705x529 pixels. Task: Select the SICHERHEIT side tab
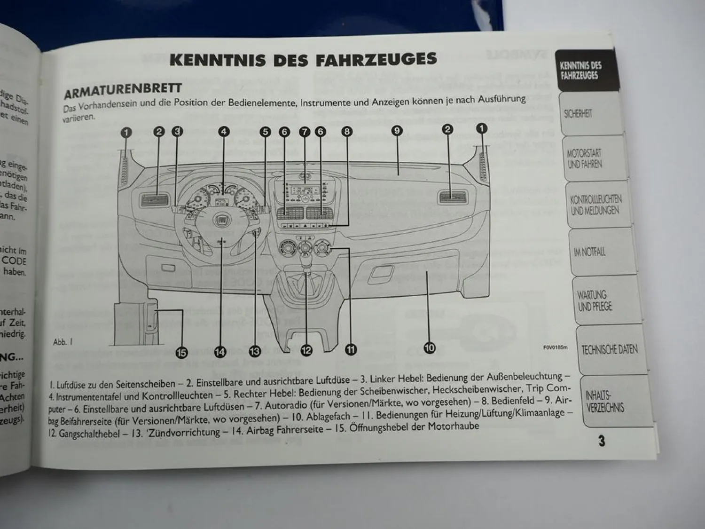point(578,114)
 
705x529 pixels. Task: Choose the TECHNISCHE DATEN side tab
point(609,350)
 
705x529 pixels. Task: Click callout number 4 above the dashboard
point(224,132)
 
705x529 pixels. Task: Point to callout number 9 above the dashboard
point(397,131)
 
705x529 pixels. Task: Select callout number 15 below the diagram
point(181,352)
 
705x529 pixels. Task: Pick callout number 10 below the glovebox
point(430,348)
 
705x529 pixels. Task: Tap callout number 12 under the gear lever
point(306,350)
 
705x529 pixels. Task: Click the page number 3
point(602,441)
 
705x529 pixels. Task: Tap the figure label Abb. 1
point(63,342)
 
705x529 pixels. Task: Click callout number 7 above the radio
point(305,132)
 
